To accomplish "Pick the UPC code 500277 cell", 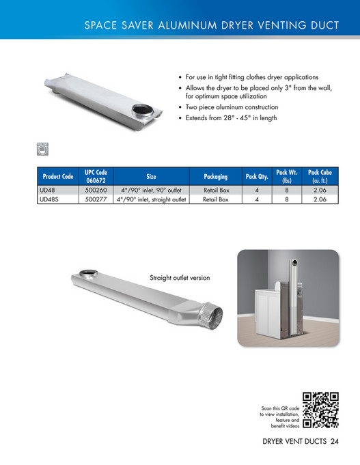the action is click(x=96, y=199).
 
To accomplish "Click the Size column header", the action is click(x=151, y=177).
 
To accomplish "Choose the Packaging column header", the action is click(x=215, y=177).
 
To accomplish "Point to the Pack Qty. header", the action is click(x=256, y=177).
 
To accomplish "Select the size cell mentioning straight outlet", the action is click(x=151, y=199).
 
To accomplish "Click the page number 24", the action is click(x=334, y=440).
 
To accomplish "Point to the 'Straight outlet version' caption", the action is click(x=180, y=278).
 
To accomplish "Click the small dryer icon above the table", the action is click(x=42, y=147).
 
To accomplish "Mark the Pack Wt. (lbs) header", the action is click(x=286, y=177).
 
